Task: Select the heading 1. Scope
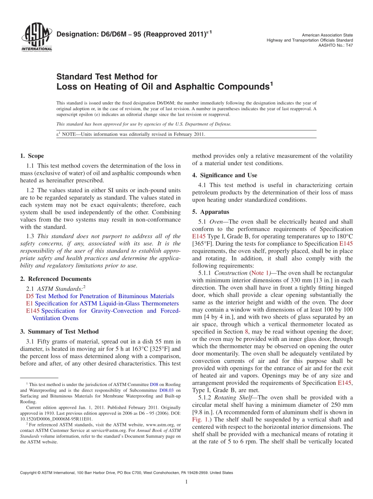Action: (32, 156)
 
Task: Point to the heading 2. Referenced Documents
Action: (56, 279)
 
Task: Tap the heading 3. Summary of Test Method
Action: (59, 331)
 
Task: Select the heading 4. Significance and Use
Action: (225, 175)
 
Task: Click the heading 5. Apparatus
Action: (210, 212)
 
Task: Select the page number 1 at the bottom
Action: (186, 482)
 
